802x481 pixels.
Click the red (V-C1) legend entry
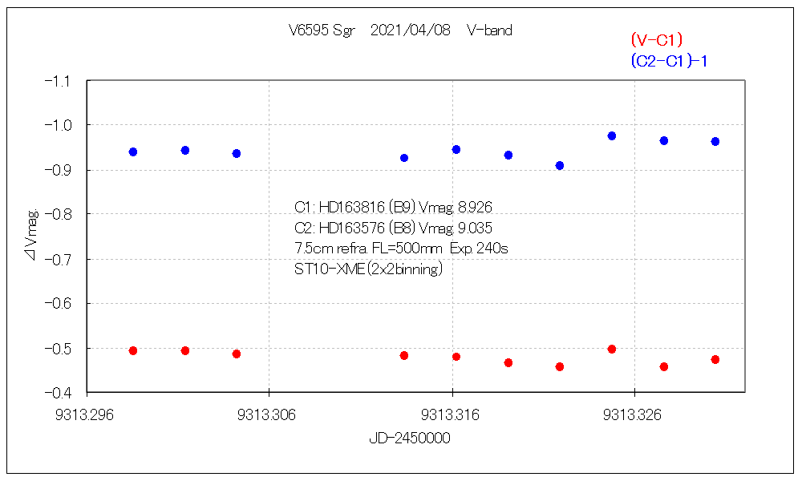click(x=656, y=39)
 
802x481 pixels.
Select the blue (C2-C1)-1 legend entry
click(x=668, y=61)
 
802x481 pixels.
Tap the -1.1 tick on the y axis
click(x=60, y=81)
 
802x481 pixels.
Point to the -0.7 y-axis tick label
click(x=60, y=259)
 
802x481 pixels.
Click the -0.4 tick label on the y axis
click(x=60, y=393)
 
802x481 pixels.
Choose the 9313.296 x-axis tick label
click(x=87, y=414)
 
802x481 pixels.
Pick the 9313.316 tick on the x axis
click(x=452, y=414)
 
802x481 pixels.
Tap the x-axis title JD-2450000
click(x=409, y=439)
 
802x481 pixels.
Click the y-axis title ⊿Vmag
click(x=31, y=236)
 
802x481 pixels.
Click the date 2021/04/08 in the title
click(x=411, y=30)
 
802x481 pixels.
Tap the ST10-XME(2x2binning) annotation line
click(x=368, y=269)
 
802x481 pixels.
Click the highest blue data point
click(x=612, y=136)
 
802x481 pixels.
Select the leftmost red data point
click(x=133, y=350)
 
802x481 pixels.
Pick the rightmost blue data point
click(x=715, y=141)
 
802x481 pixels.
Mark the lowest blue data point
click(x=560, y=165)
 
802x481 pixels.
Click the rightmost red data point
click(x=715, y=359)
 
